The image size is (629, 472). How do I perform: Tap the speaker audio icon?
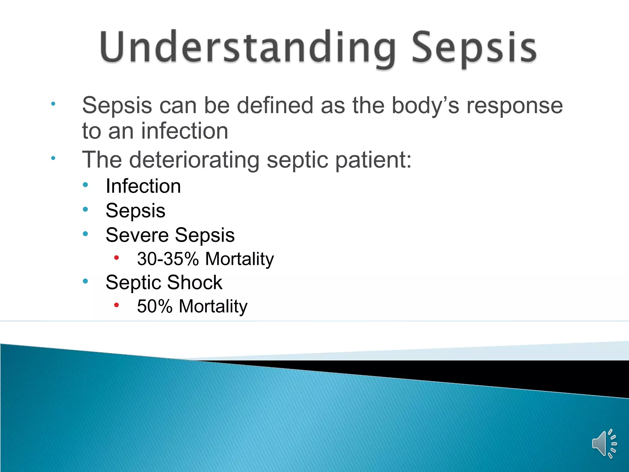604,444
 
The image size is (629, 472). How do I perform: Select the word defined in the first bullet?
275,105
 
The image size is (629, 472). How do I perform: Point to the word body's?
425,105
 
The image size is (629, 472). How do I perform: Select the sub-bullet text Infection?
143,186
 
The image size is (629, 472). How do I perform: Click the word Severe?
137,235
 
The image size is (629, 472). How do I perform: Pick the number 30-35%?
168,259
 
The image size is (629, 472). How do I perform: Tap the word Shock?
194,282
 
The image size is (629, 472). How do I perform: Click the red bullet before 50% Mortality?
116,305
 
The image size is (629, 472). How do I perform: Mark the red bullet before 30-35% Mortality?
116,258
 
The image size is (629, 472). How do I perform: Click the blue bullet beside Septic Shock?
85,281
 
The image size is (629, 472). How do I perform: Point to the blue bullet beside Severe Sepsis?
85,234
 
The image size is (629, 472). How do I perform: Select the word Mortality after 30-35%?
239,259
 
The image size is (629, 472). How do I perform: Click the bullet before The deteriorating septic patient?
53,158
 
